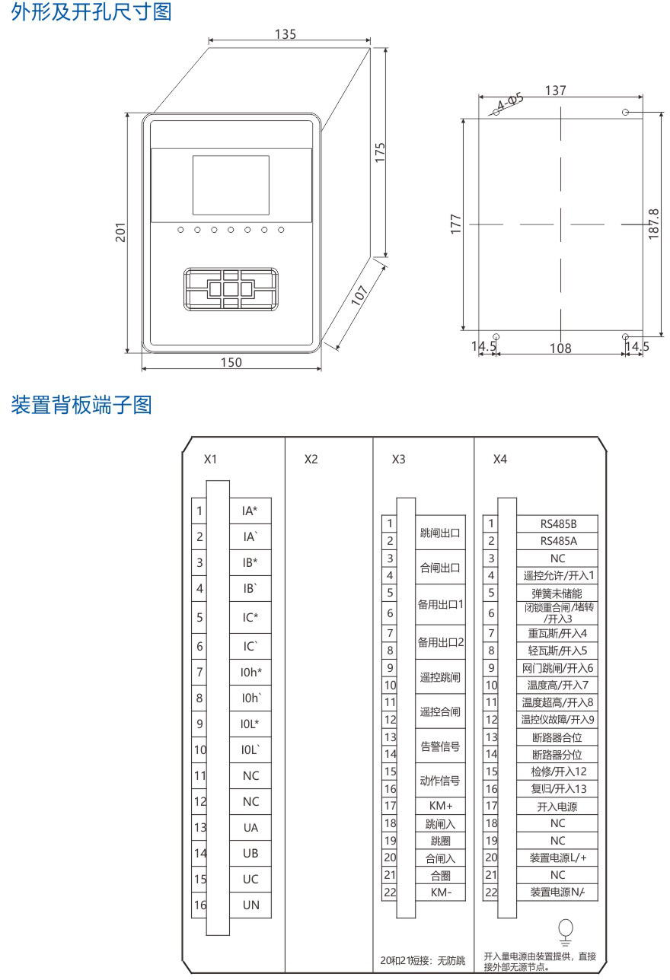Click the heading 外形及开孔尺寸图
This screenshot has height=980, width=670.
coord(91,12)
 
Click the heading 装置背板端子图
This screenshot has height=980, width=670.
coord(81,406)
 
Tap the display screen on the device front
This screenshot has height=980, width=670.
coord(231,185)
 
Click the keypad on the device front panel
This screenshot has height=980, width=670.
coord(231,289)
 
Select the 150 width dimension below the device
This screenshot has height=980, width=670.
coord(231,362)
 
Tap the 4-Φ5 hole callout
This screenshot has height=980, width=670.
coord(510,102)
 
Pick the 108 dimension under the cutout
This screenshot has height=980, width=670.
coord(560,348)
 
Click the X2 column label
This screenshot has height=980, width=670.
coord(311,460)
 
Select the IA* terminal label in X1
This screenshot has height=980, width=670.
coord(250,511)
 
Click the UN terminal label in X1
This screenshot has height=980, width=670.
coord(250,905)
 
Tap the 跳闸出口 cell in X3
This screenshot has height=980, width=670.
coord(440,533)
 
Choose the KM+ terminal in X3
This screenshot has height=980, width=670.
coord(440,805)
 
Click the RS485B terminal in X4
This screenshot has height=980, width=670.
coord(557,523)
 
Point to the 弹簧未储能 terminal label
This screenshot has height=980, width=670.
coord(557,593)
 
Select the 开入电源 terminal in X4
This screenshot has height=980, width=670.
coord(557,806)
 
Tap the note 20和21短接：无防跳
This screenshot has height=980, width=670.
coord(422,959)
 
